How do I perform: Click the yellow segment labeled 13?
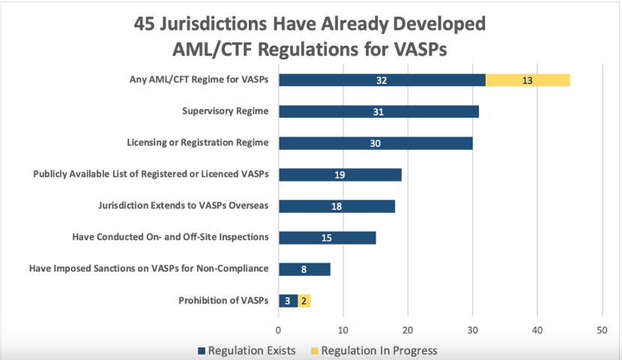point(528,80)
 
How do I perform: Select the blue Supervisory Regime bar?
point(378,112)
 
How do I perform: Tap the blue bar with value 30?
point(375,143)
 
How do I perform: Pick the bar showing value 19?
point(340,175)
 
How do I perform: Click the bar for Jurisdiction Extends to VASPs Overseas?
point(336,206)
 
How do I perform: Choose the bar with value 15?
point(327,238)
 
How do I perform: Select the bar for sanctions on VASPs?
point(304,269)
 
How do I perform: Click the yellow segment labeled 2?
point(304,301)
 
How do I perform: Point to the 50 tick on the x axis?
point(602,329)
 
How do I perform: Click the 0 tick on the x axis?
point(279,329)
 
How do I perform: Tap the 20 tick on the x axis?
point(408,329)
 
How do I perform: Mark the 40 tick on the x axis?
point(537,329)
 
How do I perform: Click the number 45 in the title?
point(149,24)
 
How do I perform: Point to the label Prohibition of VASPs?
point(223,301)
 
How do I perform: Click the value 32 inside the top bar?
point(382,80)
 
